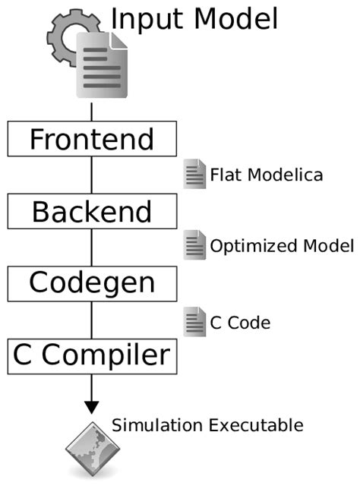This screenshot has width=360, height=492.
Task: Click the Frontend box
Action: [92, 140]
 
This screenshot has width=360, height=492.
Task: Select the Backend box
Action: [92, 211]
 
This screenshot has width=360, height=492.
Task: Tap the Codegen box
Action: [92, 282]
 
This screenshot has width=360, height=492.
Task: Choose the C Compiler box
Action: [92, 355]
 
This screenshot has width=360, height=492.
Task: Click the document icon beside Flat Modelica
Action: [194, 174]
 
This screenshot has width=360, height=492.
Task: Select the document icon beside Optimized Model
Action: [194, 244]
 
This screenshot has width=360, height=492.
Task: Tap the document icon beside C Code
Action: [194, 321]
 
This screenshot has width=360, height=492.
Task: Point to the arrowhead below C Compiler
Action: [92, 406]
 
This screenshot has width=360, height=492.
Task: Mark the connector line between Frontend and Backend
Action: [92, 175]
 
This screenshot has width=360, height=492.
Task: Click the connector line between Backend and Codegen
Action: [92, 247]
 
